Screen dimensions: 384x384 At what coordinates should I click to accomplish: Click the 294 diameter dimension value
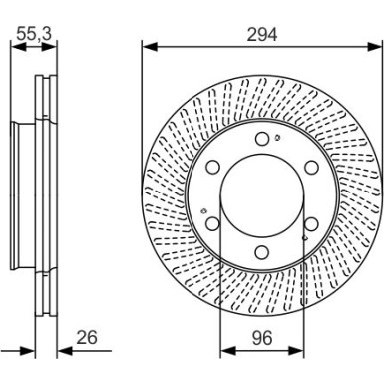click(260, 33)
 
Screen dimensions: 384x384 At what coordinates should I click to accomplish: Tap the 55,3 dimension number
click(34, 33)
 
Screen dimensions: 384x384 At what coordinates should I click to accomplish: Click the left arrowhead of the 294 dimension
click(147, 45)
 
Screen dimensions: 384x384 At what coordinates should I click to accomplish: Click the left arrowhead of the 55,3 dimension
click(14, 45)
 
